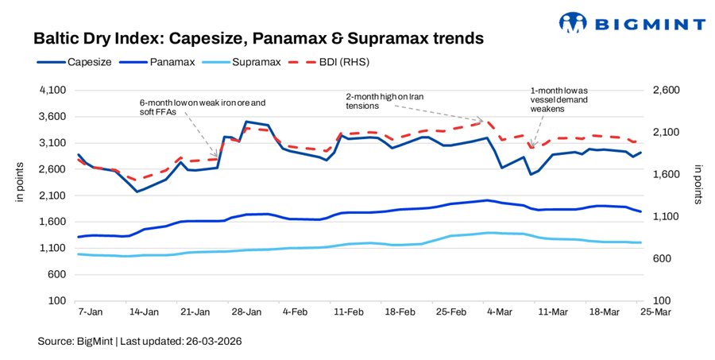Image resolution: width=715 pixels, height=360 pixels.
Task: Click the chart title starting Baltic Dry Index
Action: (258, 38)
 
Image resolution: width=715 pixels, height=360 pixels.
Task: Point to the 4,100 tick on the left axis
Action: (50, 91)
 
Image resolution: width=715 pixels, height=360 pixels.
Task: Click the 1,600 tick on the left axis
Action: (50, 222)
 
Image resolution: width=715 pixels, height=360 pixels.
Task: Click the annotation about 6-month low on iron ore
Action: (202, 107)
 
